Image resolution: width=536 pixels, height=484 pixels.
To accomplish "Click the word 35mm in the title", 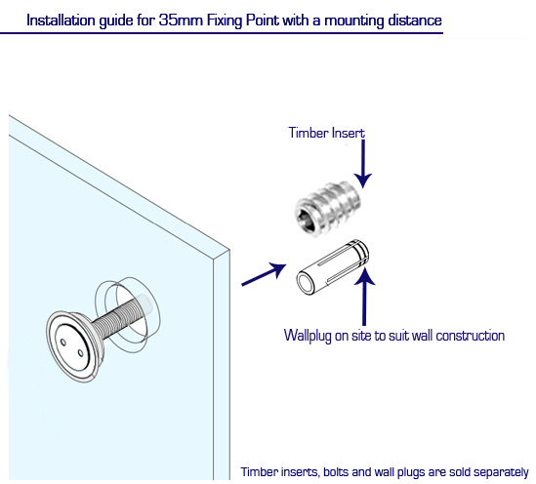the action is [x=181, y=20].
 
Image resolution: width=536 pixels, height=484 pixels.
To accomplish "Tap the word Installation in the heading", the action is [x=61, y=20].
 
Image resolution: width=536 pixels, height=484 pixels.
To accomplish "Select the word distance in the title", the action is [x=414, y=20].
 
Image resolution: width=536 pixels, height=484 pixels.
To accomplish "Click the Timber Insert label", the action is [x=326, y=133].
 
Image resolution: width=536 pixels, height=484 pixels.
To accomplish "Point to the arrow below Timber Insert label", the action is [x=362, y=164].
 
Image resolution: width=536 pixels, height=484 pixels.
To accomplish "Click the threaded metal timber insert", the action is [x=327, y=209].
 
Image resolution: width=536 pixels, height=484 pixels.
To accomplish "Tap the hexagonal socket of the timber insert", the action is [x=306, y=220].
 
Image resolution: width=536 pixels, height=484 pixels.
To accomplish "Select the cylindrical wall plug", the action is [x=332, y=267].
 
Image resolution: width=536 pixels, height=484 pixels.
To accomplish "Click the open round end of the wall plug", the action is [x=306, y=282].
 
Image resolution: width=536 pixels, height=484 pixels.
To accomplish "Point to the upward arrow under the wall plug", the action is [x=364, y=296].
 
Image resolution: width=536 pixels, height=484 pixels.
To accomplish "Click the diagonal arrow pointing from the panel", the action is [x=264, y=274].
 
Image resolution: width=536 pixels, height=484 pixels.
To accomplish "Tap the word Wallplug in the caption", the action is [x=308, y=336].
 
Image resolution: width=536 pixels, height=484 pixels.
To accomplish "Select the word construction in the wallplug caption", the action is [x=471, y=336].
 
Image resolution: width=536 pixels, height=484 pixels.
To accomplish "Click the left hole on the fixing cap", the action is [x=63, y=342].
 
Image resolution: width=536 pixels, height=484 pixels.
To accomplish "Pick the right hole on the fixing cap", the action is [x=80, y=353].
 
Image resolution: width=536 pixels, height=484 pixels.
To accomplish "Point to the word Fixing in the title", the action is [x=225, y=20].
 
